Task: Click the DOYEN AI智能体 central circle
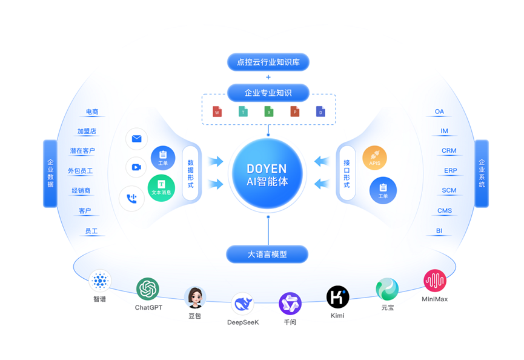pyautogui.click(x=267, y=173)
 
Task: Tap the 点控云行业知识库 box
pyautogui.click(x=268, y=62)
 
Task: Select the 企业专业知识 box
pyautogui.click(x=268, y=93)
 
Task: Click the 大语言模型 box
pyautogui.click(x=267, y=255)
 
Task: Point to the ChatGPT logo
pyautogui.click(x=148, y=289)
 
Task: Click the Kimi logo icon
pyautogui.click(x=337, y=297)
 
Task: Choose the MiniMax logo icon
pyautogui.click(x=434, y=281)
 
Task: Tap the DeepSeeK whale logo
pyautogui.click(x=242, y=303)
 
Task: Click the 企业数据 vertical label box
pyautogui.click(x=50, y=173)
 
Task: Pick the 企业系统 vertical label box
pyautogui.click(x=482, y=173)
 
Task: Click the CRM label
pyautogui.click(x=449, y=151)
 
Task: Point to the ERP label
pyautogui.click(x=450, y=171)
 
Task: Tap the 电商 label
pyautogui.click(x=92, y=112)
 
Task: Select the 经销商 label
pyautogui.click(x=81, y=191)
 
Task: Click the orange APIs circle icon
pyautogui.click(x=374, y=158)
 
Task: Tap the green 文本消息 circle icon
pyautogui.click(x=161, y=187)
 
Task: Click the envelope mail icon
pyautogui.click(x=136, y=139)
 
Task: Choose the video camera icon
pyautogui.click(x=136, y=167)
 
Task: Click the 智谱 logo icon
pyautogui.click(x=100, y=281)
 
